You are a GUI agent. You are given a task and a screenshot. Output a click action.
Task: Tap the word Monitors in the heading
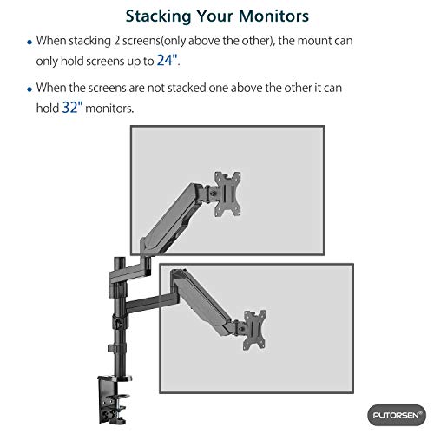pos(273,16)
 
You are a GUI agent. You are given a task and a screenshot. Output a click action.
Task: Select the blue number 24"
pos(168,60)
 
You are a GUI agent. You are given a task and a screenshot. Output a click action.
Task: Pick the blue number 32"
pos(72,108)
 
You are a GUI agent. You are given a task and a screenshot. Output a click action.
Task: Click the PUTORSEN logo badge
pos(397,415)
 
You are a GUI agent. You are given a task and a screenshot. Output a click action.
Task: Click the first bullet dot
pos(30,43)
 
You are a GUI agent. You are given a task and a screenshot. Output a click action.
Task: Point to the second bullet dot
pos(30,89)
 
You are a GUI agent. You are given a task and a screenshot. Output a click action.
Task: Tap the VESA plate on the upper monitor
pos(227,194)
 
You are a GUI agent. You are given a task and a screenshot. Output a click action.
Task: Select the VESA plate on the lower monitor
pos(254,330)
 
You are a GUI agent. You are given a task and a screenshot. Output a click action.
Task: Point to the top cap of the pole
pos(119,259)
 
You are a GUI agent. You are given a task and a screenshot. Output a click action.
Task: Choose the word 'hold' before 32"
pos(48,108)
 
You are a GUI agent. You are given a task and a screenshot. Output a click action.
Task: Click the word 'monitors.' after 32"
pos(109,108)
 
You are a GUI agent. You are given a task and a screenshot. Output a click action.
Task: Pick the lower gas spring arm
pos(203,300)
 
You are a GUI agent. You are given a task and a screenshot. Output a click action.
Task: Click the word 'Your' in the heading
pos(215,16)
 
